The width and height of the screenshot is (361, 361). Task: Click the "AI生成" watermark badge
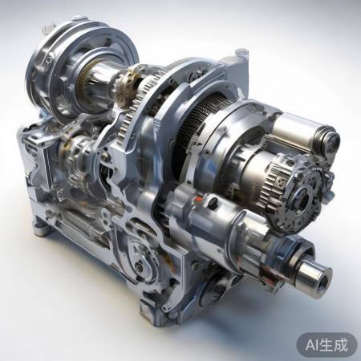pyautogui.click(x=327, y=345)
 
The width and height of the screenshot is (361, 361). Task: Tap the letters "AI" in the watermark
pyautogui.click(x=312, y=345)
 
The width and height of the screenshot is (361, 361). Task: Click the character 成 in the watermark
pyautogui.click(x=340, y=345)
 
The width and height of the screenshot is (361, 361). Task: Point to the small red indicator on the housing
pyautogui.click(x=198, y=199)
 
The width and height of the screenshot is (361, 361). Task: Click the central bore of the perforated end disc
pyautogui.click(x=303, y=199)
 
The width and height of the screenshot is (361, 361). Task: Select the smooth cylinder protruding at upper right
pyautogui.click(x=303, y=133)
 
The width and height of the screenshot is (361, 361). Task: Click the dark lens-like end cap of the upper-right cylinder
pyautogui.click(x=331, y=141)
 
